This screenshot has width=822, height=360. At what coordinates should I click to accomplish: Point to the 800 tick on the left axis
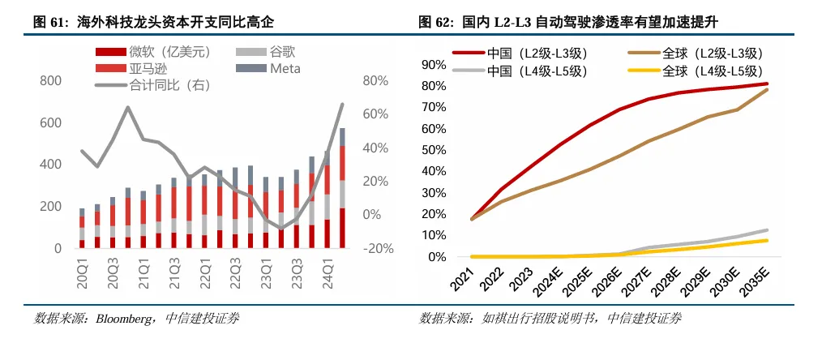point(50,81)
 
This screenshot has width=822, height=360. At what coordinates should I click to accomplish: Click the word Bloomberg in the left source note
point(122,319)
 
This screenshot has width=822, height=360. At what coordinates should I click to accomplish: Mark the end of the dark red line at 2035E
point(768,84)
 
